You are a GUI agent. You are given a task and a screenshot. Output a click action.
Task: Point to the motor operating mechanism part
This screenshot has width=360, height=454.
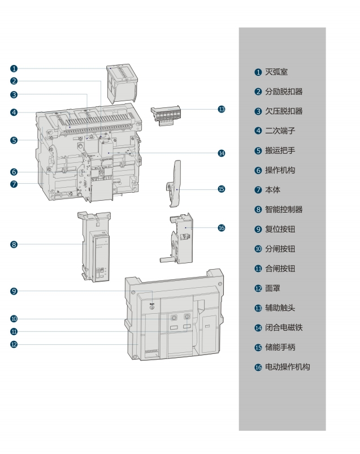pyautogui.click(x=180, y=237)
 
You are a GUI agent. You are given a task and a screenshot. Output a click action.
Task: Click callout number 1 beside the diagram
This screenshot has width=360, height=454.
pyautogui.click(x=14, y=68)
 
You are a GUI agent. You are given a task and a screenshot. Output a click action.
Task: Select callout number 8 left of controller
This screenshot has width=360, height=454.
pyautogui.click(x=14, y=244)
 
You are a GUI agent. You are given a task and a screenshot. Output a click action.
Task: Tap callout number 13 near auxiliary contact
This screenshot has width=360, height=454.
pyautogui.click(x=222, y=109)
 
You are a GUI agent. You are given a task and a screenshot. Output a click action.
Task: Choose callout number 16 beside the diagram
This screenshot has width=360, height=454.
pyautogui.click(x=222, y=227)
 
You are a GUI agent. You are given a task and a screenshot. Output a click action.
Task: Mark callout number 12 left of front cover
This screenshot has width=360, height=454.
pyautogui.click(x=14, y=344)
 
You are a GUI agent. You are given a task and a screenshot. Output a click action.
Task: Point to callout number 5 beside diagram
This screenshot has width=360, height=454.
pyautogui.click(x=14, y=140)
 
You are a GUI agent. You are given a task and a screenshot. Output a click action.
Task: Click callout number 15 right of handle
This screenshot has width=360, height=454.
pyautogui.click(x=222, y=189)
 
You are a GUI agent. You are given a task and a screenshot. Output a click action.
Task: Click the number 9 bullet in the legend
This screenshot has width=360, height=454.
pyautogui.click(x=258, y=229)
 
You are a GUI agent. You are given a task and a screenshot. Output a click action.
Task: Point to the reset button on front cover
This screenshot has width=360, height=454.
pyautogui.click(x=152, y=307)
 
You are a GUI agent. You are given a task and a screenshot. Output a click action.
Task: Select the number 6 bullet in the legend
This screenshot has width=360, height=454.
pyautogui.click(x=258, y=170)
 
